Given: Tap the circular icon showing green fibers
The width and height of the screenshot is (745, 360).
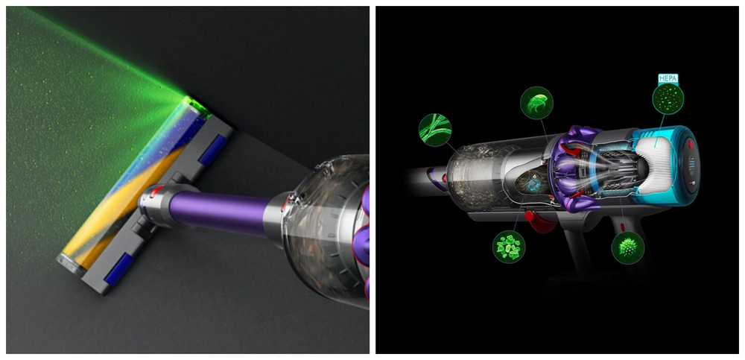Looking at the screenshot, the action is point(435,130).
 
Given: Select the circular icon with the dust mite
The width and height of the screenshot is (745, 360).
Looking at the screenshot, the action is point(536,103).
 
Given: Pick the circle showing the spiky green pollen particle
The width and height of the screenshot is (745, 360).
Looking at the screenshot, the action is point(627,247).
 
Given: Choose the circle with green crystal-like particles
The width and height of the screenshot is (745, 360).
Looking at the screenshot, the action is point(509,247).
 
